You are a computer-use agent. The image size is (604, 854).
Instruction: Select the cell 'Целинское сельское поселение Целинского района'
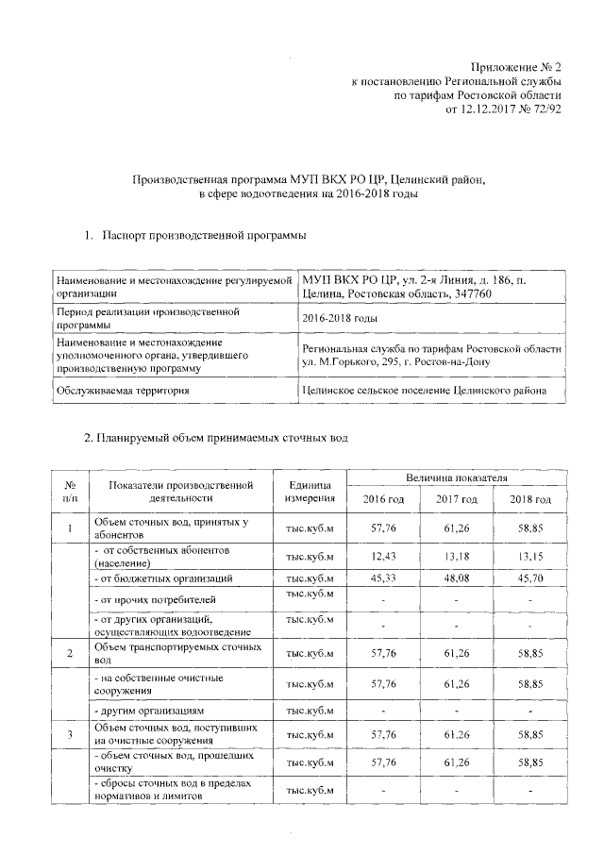(430, 390)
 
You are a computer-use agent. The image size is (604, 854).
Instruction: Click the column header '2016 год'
(382, 499)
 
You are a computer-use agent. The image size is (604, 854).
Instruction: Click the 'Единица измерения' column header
(310, 490)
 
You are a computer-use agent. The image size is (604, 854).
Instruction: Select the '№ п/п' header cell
(70, 490)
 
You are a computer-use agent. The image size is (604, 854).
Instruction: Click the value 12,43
(382, 555)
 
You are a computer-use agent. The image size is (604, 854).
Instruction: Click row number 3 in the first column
(70, 733)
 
